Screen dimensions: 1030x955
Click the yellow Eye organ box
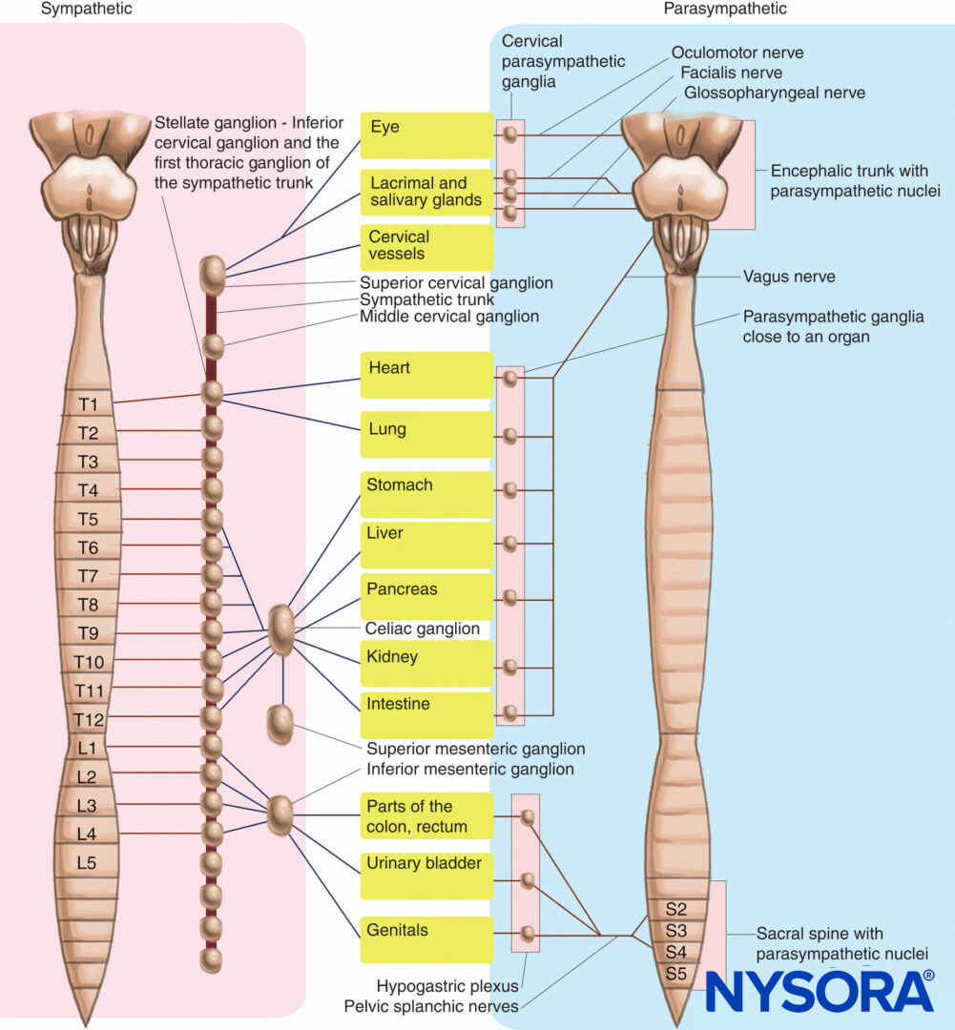pyautogui.click(x=426, y=134)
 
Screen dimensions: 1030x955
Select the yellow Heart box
pyautogui.click(x=426, y=375)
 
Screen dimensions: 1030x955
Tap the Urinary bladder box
pyautogui.click(x=426, y=875)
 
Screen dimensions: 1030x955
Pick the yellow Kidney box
pyautogui.click(x=426, y=663)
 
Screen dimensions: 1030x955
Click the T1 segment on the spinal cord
pyautogui.click(x=88, y=404)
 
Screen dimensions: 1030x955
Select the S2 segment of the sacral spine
pyautogui.click(x=676, y=909)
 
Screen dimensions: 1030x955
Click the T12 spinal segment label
pyautogui.click(x=88, y=719)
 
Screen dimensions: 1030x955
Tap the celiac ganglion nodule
pyautogui.click(x=281, y=629)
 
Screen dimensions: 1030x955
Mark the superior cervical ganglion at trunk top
pyautogui.click(x=212, y=275)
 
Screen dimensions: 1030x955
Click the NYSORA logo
pyautogui.click(x=820, y=991)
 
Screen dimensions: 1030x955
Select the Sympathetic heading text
pyautogui.click(x=87, y=9)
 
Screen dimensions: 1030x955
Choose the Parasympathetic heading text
pyautogui.click(x=726, y=9)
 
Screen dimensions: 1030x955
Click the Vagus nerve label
pyautogui.click(x=789, y=277)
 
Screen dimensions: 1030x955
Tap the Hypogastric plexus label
pyautogui.click(x=446, y=986)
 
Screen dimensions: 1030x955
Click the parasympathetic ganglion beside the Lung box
pyautogui.click(x=510, y=436)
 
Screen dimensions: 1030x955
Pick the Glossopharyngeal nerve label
pyautogui.click(x=775, y=93)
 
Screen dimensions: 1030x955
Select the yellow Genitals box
pyautogui.click(x=426, y=938)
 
